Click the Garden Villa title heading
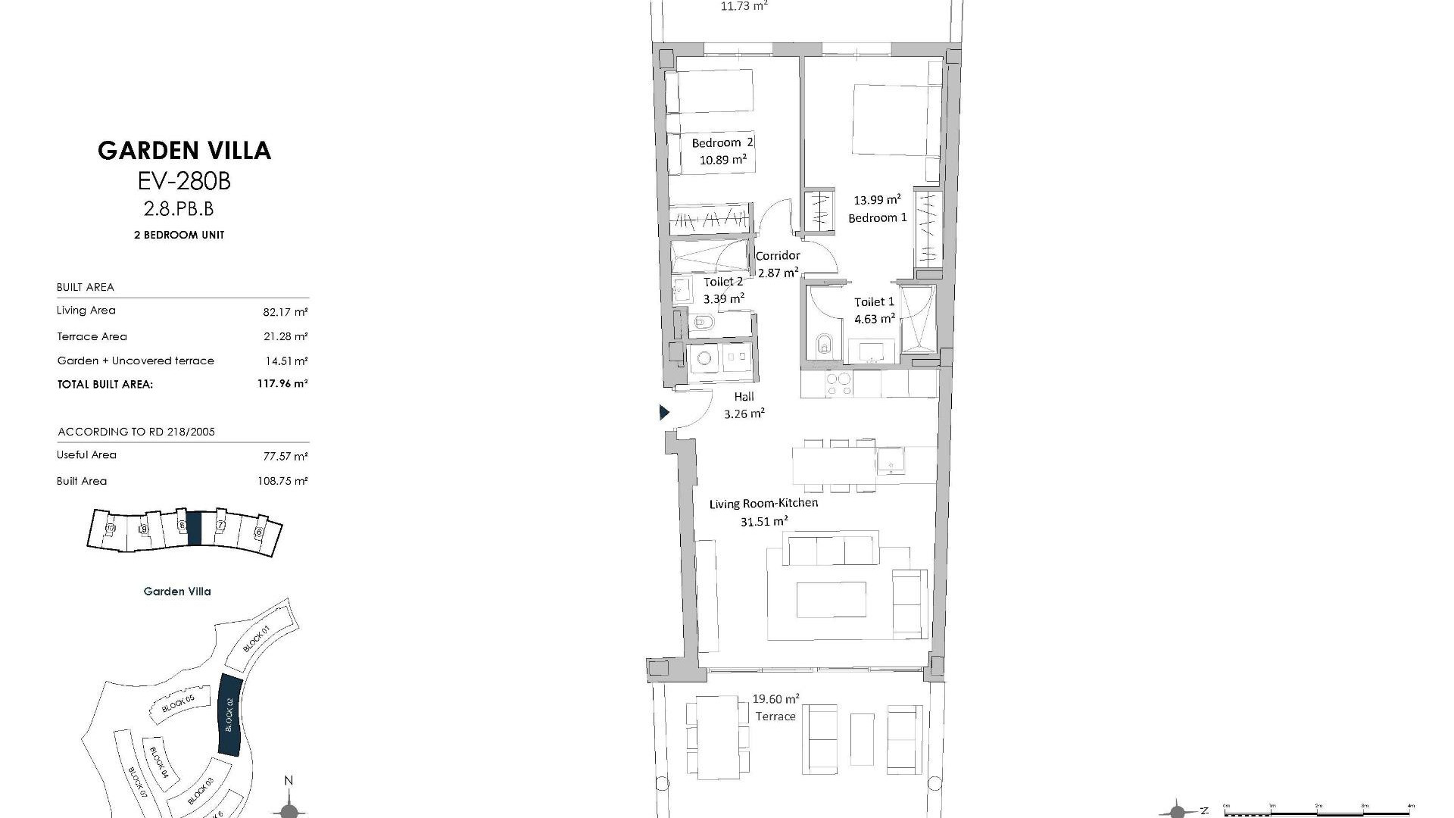point(184,150)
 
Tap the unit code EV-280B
point(184,181)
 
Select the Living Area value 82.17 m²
point(285,311)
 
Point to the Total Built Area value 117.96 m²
point(282,384)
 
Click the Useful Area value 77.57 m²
point(285,456)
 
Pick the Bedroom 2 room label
point(722,142)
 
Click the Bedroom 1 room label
point(877,218)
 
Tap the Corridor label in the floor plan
point(778,255)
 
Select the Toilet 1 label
point(874,301)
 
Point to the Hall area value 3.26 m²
point(744,414)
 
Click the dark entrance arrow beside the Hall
point(664,413)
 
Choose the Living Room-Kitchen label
point(763,503)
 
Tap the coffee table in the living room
point(831,600)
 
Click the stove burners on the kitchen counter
point(838,384)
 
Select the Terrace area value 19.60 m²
point(775,699)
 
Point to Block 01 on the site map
point(257,640)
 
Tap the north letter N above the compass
point(288,781)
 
